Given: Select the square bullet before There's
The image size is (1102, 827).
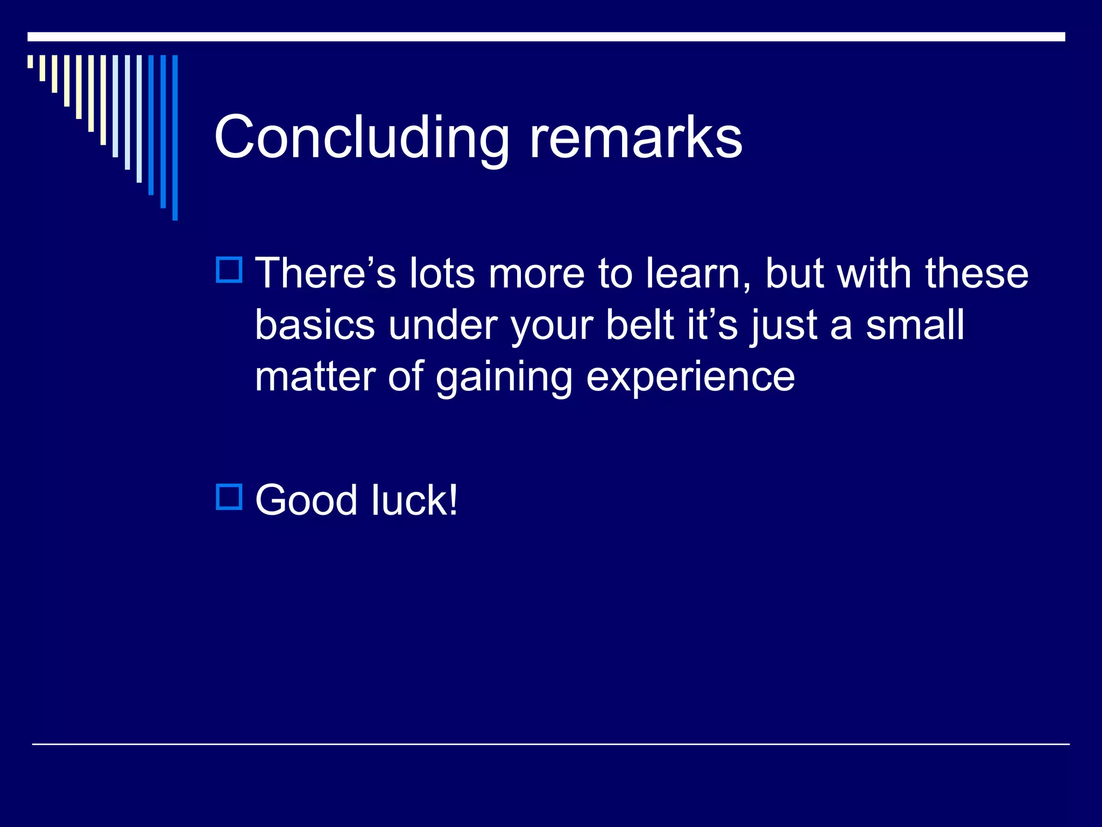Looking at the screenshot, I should pos(229,270).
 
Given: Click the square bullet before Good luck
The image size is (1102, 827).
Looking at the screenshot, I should pos(229,497).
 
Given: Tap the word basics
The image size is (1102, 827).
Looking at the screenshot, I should pos(315,325).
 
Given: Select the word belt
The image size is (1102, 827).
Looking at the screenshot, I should pos(640,325).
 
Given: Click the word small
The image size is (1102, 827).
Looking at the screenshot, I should pos(915,325).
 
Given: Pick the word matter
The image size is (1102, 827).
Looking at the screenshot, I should pos(315,376).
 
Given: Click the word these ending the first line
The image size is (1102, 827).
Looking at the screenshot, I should pos(976,274).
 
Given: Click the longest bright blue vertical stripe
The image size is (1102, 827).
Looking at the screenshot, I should pos(175,137).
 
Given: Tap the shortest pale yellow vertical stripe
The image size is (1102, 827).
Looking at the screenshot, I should pos(30,61).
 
